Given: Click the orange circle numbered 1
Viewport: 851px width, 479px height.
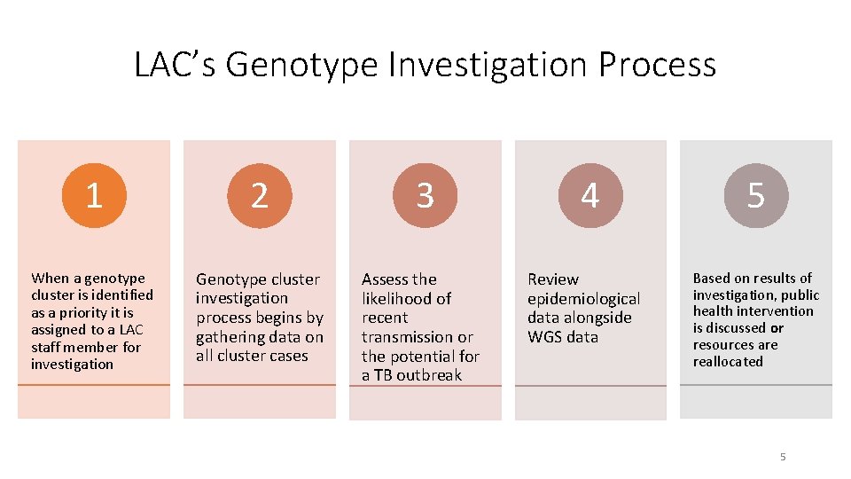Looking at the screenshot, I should [94, 196].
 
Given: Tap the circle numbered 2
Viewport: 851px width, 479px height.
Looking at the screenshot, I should [259, 196].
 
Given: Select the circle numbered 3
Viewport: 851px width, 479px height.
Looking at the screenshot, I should [425, 196].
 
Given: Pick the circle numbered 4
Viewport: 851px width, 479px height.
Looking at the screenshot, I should [589, 196].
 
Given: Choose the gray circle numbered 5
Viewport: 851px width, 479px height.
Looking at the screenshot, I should [755, 196].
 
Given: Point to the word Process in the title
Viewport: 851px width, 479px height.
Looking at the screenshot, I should [657, 66].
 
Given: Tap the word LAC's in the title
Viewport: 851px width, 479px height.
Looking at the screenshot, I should [175, 66].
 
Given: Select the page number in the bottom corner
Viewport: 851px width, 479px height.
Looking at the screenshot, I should [783, 457].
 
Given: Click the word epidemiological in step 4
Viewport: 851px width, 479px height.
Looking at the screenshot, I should [583, 299].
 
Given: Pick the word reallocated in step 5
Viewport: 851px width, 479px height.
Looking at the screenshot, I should [728, 362].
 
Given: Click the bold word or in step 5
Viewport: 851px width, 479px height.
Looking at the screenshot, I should [777, 328].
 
